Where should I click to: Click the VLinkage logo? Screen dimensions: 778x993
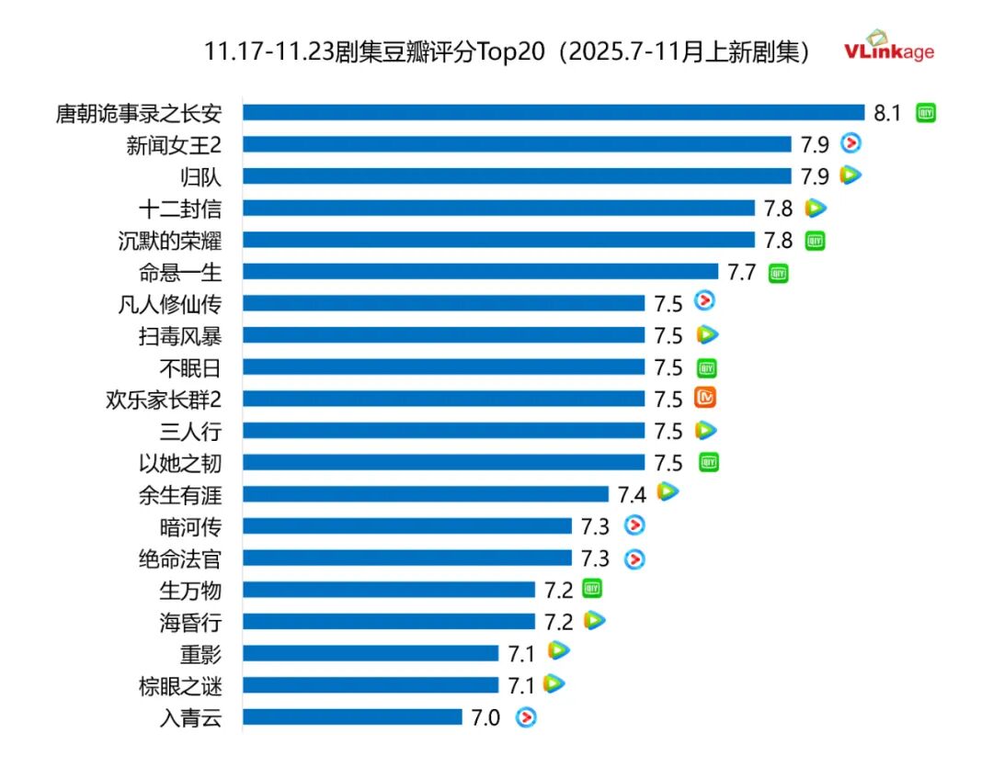pyautogui.click(x=889, y=47)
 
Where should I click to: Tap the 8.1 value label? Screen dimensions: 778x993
pyautogui.click(x=888, y=113)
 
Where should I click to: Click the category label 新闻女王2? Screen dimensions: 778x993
pyautogui.click(x=174, y=144)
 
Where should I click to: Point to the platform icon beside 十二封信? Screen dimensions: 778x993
pyautogui.click(x=816, y=209)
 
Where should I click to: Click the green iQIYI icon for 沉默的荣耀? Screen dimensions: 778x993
pyautogui.click(x=815, y=241)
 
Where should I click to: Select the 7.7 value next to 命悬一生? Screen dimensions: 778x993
pyautogui.click(x=741, y=272)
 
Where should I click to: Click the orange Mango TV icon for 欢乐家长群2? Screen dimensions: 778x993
pyautogui.click(x=705, y=399)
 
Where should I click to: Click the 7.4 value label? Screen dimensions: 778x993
pyautogui.click(x=632, y=495)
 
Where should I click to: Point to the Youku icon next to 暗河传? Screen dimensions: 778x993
pyautogui.click(x=634, y=525)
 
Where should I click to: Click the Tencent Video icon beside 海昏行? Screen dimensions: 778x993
pyautogui.click(x=595, y=621)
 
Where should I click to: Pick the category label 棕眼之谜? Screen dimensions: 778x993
pyautogui.click(x=180, y=686)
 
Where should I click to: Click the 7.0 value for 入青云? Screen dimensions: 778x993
pyautogui.click(x=485, y=718)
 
